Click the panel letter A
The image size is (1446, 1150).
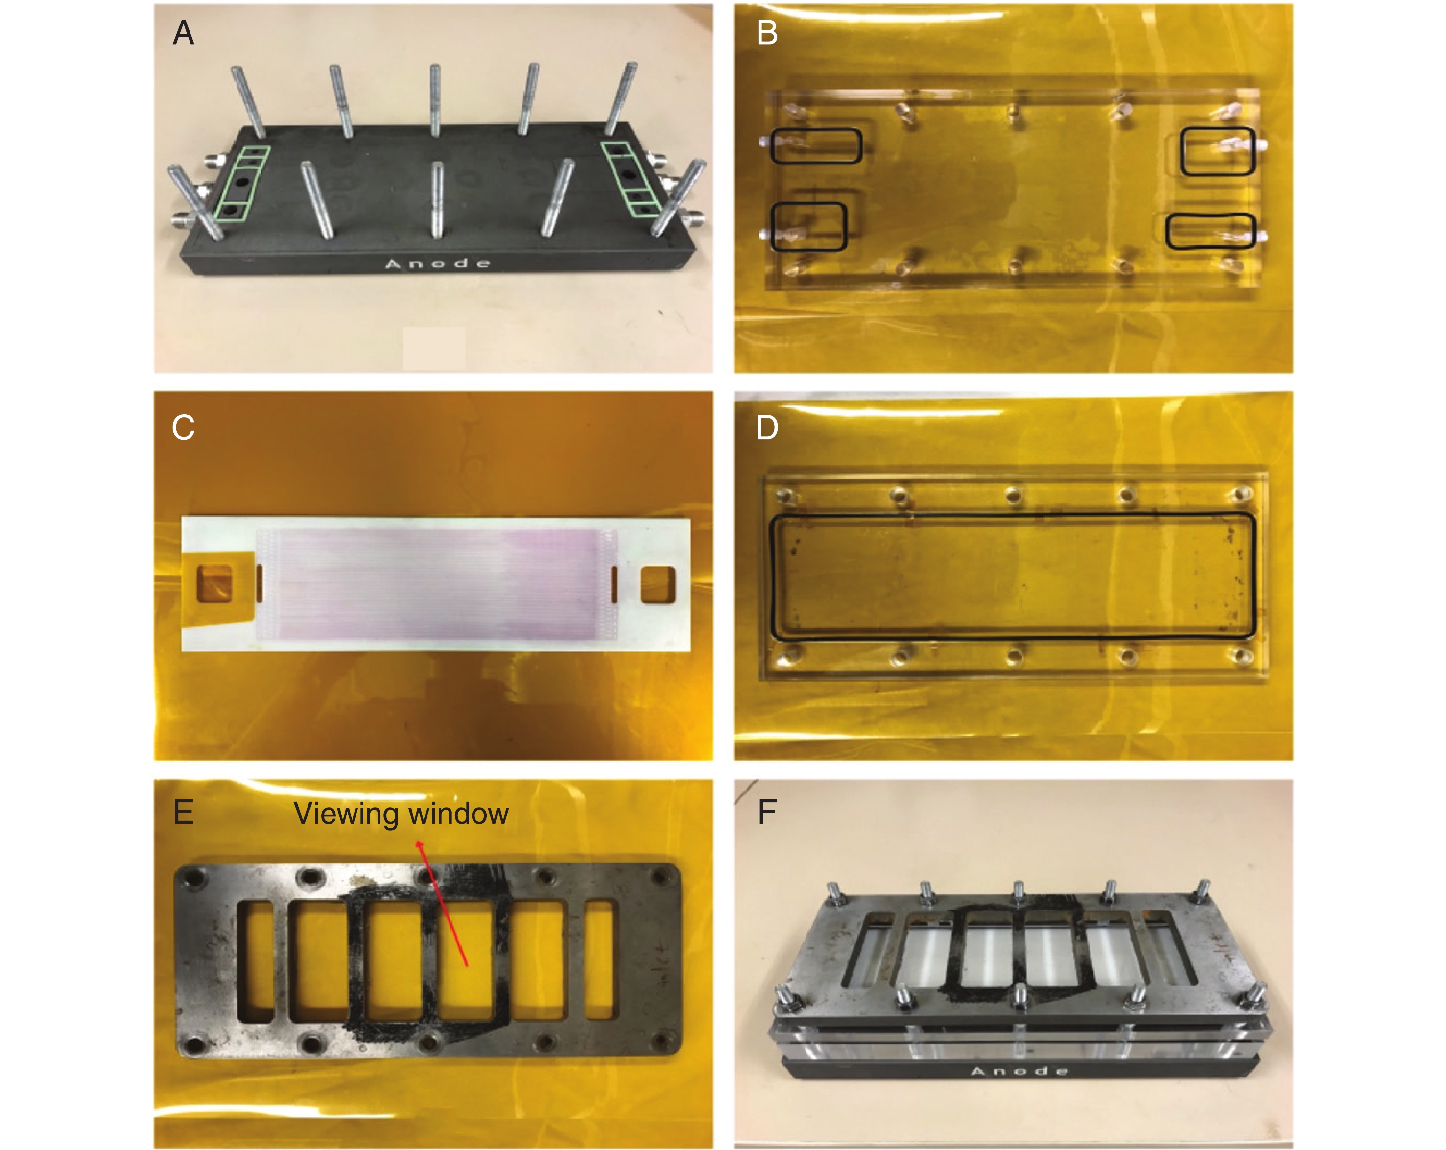pos(183,32)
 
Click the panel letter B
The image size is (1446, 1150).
pos(767,32)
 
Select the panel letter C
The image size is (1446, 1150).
pos(183,428)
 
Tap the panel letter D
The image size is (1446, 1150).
pos(767,428)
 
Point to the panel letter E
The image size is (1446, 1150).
pos(183,812)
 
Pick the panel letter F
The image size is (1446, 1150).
pos(767,812)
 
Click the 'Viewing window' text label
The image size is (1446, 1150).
pos(401,814)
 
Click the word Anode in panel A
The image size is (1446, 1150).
pos(437,263)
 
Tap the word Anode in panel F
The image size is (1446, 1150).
pos(1019,1070)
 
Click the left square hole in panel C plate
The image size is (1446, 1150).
pos(214,584)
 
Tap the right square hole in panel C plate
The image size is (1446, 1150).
pos(658,584)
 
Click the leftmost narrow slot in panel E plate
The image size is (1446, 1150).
pos(256,961)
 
